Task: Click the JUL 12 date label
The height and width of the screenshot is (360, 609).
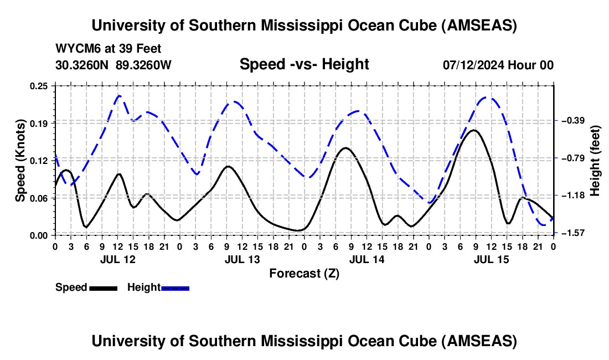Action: [x=117, y=259]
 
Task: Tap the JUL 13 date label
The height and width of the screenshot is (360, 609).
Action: [x=242, y=259]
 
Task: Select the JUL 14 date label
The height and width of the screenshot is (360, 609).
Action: [x=367, y=259]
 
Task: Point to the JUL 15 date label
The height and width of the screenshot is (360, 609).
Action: [x=491, y=259]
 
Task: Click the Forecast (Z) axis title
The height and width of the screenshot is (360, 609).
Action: [x=304, y=273]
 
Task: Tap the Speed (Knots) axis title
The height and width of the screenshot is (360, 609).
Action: [x=21, y=161]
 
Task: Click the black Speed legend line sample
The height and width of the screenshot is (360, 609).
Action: [x=103, y=288]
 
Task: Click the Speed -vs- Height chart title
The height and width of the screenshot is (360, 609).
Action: [x=304, y=64]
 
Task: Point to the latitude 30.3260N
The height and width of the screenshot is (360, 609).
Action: [x=82, y=65]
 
